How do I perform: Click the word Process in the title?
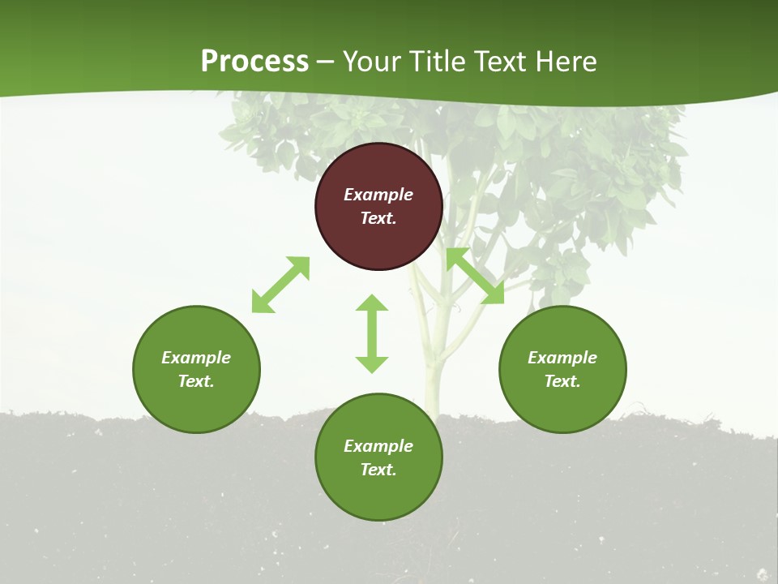click(254, 62)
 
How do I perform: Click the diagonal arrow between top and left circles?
click(280, 285)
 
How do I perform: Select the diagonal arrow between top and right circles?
click(475, 277)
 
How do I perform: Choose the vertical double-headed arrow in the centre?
click(372, 333)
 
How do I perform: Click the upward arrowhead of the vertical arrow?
click(372, 303)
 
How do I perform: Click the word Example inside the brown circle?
click(378, 195)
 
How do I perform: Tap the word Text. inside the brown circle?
click(378, 218)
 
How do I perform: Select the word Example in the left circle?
click(196, 358)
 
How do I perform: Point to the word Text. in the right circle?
click(562, 381)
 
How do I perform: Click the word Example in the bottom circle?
click(378, 446)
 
